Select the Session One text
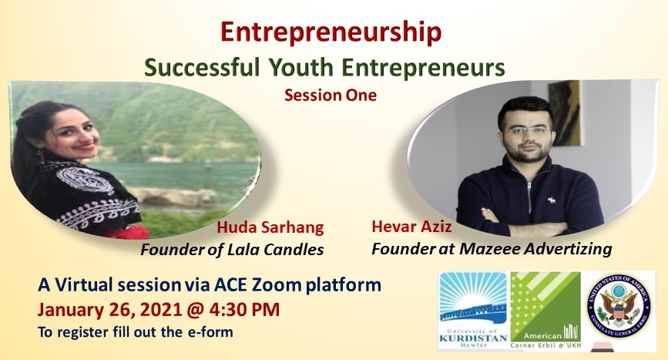tap(331, 95)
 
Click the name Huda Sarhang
tap(270, 228)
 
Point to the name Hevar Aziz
tap(411, 227)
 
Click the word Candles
tap(294, 249)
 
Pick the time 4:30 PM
tap(243, 310)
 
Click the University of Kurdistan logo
tap(473, 311)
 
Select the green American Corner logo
tap(545, 311)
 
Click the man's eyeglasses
tap(527, 130)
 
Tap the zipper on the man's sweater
tap(529, 196)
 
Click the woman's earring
tap(41, 156)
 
